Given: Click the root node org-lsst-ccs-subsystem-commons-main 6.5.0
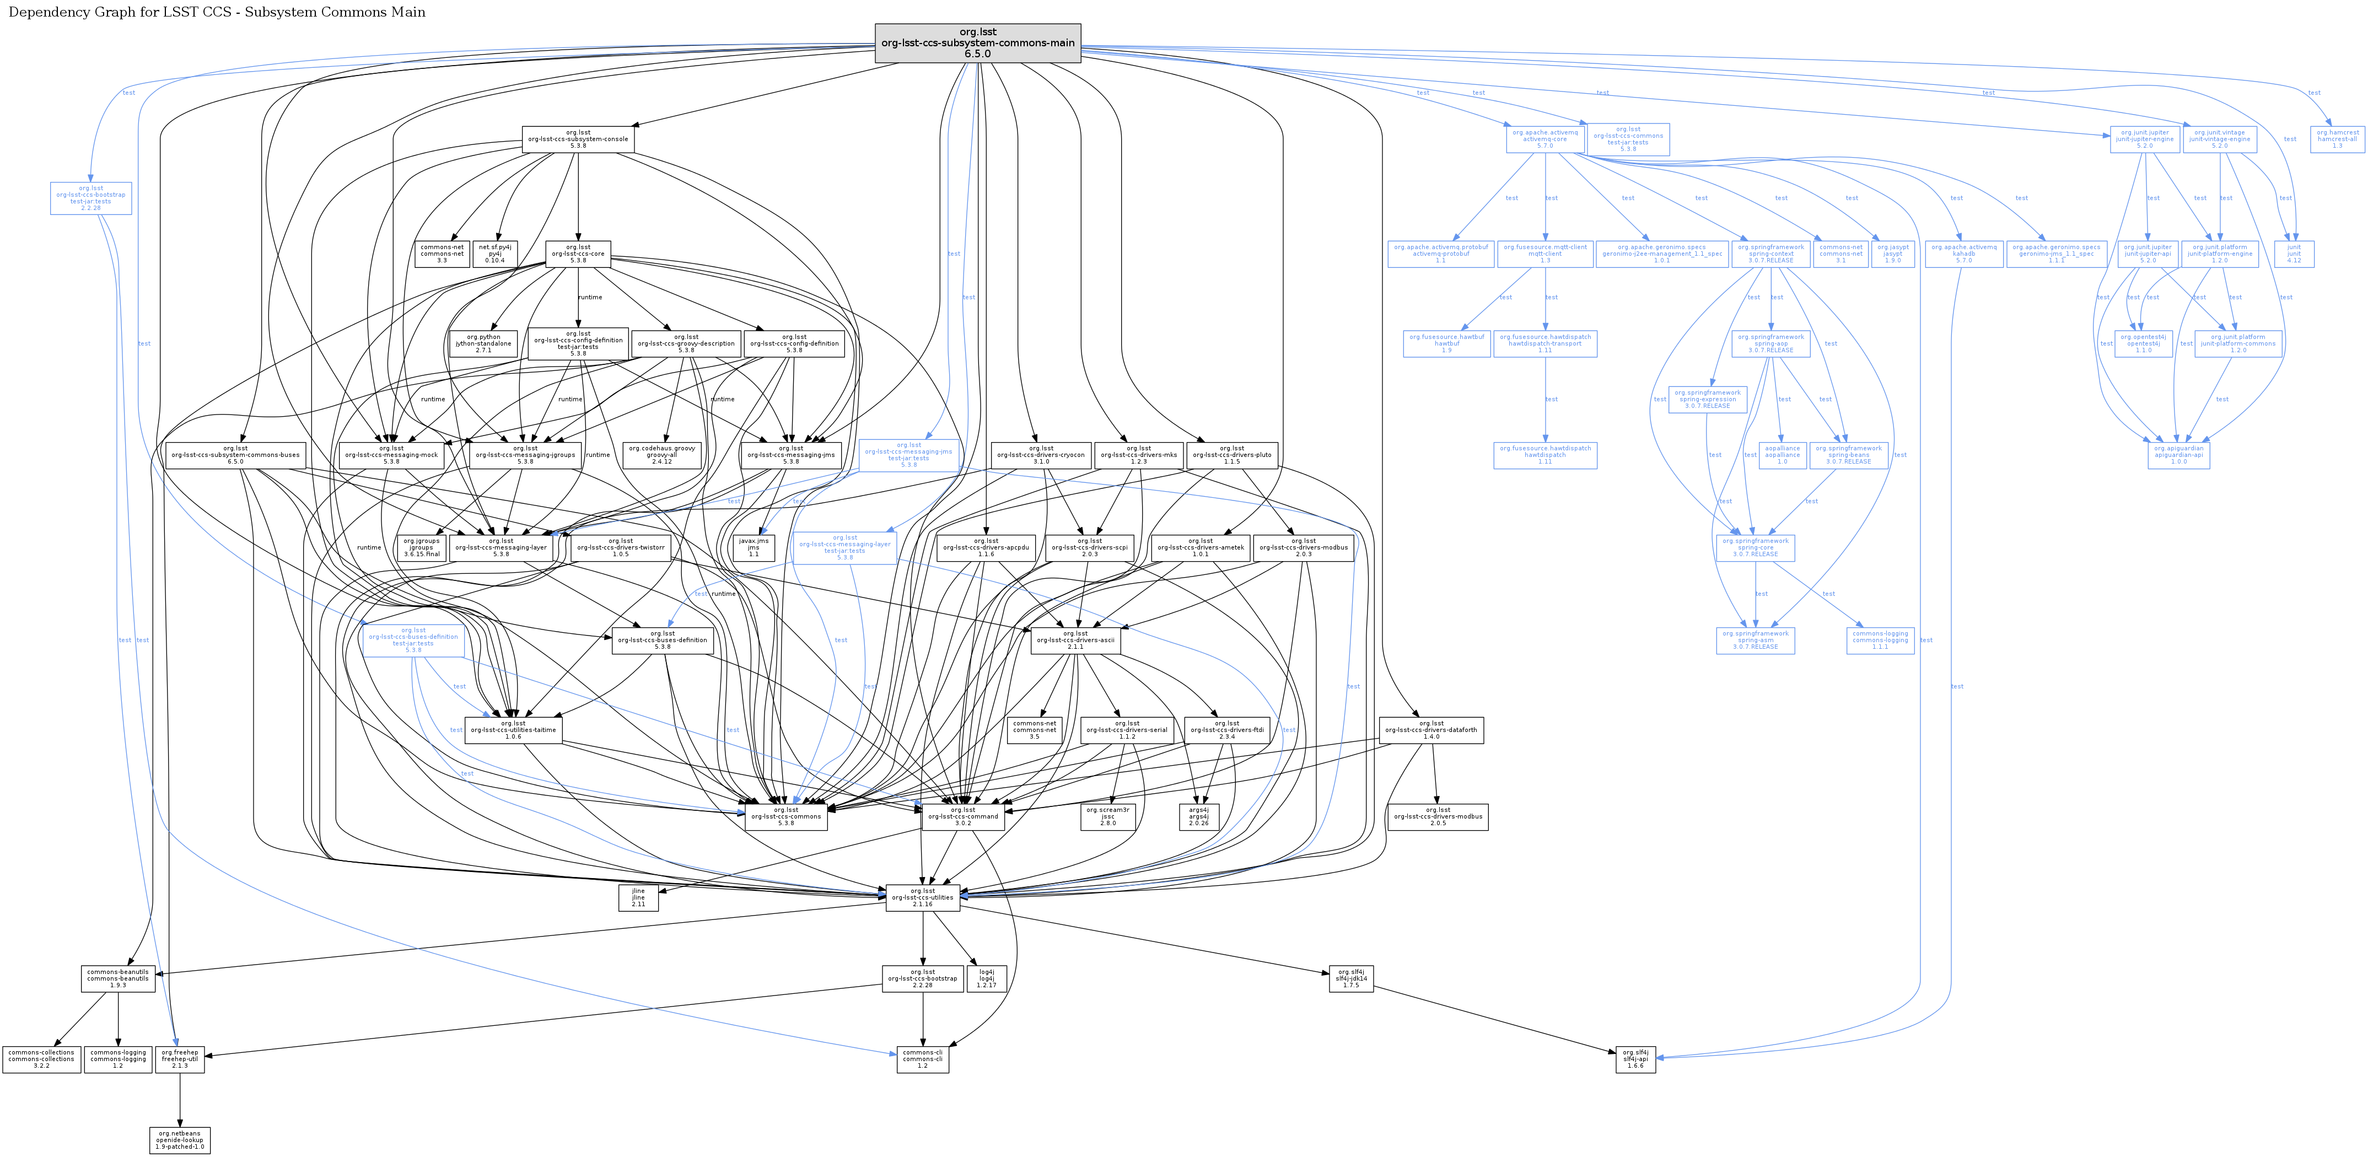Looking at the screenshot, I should pos(977,43).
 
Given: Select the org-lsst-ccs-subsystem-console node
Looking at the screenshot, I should pos(577,139).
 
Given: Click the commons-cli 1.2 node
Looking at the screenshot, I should pos(922,1059).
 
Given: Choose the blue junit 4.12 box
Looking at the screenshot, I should pos(2294,254).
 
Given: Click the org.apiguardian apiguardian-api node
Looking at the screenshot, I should pos(2178,455).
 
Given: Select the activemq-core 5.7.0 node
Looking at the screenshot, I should pos(1544,139).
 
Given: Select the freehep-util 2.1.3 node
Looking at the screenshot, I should pos(180,1059).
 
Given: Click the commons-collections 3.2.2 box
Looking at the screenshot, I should pos(40,1059).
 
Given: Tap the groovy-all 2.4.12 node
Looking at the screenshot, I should pos(662,455).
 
